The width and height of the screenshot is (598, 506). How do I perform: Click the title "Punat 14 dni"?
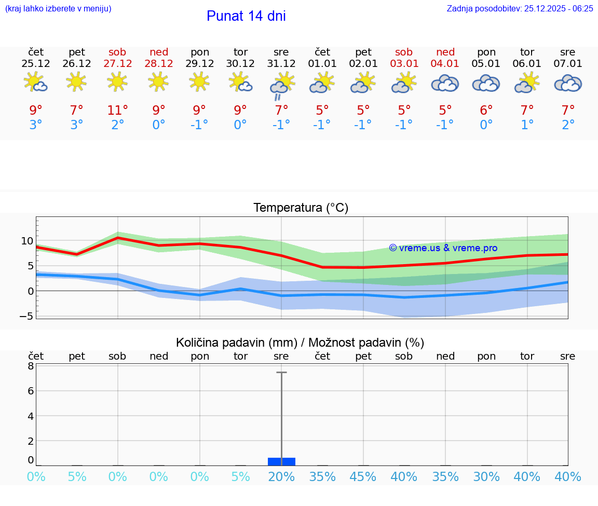point(246,16)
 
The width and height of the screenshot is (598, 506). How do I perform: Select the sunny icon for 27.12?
point(117,81)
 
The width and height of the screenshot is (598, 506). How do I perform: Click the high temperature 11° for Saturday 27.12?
point(117,110)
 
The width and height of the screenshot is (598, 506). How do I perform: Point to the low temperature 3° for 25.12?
point(36,125)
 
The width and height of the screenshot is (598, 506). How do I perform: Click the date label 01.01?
point(322,64)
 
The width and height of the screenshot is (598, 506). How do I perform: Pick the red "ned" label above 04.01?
point(445,52)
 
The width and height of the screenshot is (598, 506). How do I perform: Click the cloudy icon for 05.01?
point(486,83)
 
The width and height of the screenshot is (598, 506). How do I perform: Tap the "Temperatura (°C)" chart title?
point(301,208)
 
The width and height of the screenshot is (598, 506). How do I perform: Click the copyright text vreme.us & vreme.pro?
point(443,248)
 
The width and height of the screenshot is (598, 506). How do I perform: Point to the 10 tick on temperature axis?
point(27,241)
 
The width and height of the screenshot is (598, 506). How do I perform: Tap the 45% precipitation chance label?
point(363,477)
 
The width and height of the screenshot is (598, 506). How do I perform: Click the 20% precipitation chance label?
point(281,477)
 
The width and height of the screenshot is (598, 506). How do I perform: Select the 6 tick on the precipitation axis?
point(31,391)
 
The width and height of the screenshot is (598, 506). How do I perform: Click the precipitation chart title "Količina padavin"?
point(300,343)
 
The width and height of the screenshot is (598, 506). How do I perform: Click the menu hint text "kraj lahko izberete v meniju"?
point(58,8)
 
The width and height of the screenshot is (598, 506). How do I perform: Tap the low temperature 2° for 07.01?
point(568,125)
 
